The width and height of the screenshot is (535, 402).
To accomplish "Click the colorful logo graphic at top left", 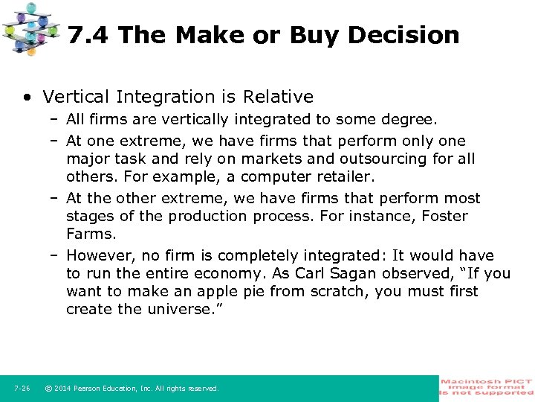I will [x=30, y=28].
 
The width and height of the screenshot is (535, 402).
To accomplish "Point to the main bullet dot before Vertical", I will [x=27, y=97].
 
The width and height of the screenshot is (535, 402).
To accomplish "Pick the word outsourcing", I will [x=389, y=159].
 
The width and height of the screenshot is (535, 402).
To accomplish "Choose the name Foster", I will [x=444, y=216].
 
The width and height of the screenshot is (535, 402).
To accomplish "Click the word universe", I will [x=174, y=309].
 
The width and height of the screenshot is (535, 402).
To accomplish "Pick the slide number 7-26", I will [x=22, y=389].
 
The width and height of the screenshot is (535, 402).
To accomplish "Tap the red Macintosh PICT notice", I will [x=486, y=389].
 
